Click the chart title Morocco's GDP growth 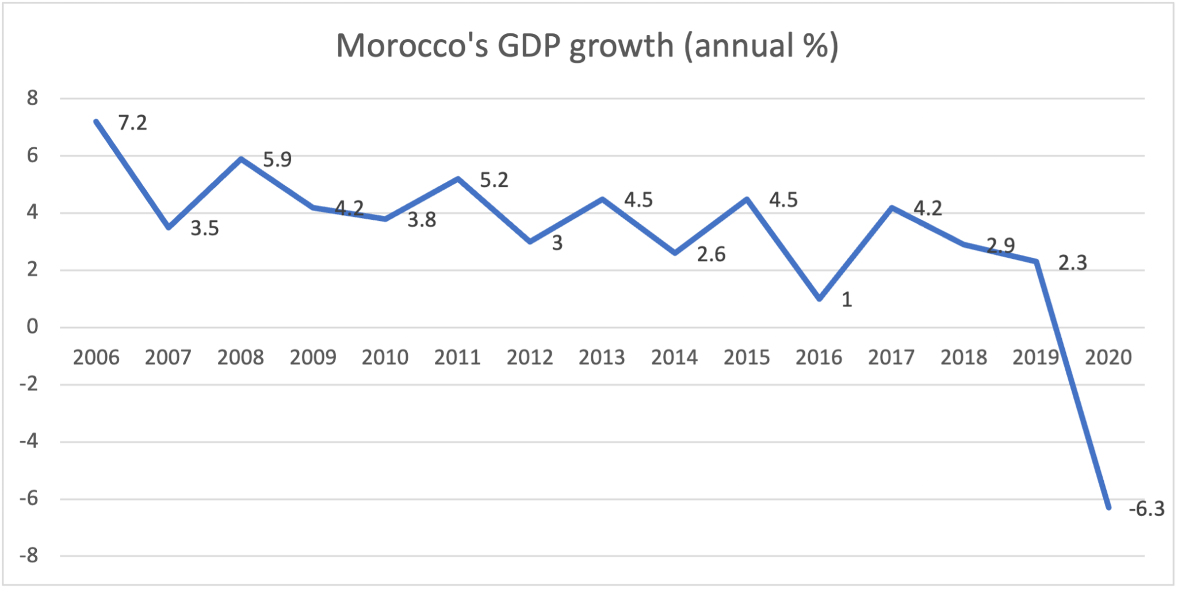587,46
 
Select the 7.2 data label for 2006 133,123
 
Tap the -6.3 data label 1146,509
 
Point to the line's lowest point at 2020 1108,507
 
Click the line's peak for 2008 241,159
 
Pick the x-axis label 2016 819,358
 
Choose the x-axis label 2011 457,358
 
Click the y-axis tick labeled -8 29,556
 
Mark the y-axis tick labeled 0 32,327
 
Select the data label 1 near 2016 847,300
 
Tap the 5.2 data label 494,181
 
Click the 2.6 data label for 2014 711,254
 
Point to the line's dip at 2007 169,228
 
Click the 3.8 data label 422,220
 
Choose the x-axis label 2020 1108,358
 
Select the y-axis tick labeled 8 32,98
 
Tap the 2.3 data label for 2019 1073,263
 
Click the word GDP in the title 529,46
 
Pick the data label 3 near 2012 557,243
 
